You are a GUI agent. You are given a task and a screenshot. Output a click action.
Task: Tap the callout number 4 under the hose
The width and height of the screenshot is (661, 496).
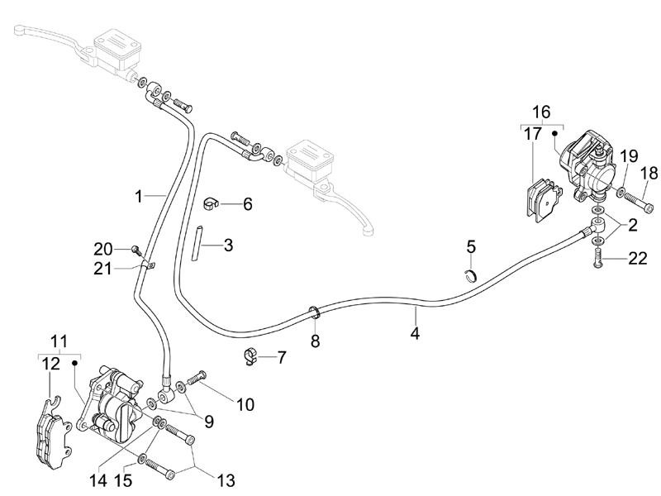(x=415, y=334)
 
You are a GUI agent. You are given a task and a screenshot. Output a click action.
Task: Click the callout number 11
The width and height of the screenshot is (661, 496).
(x=58, y=341)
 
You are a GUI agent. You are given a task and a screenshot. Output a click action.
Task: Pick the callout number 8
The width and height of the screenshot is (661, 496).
(x=315, y=341)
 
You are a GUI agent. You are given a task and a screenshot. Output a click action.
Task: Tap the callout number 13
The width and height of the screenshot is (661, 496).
(x=225, y=479)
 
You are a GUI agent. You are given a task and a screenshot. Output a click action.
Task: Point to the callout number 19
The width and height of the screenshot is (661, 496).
(x=630, y=155)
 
